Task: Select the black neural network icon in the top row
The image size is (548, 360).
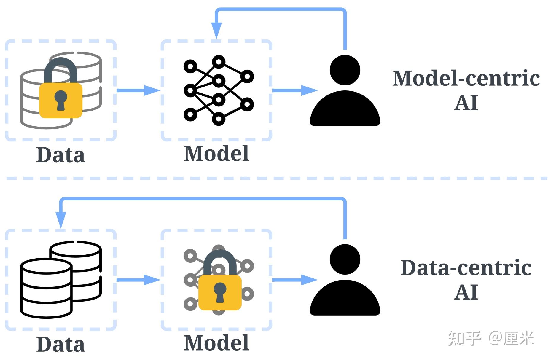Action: pyautogui.click(x=219, y=90)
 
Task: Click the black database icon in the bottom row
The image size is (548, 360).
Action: pyautogui.click(x=61, y=280)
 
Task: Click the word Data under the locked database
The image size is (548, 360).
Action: pyautogui.click(x=61, y=155)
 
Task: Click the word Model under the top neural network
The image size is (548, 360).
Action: pyautogui.click(x=216, y=153)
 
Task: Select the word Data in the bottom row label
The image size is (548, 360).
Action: pyautogui.click(x=61, y=344)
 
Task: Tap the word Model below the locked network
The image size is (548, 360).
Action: pyautogui.click(x=216, y=343)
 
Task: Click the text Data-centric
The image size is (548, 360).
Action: pyautogui.click(x=466, y=267)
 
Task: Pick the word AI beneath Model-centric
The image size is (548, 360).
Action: pyautogui.click(x=466, y=103)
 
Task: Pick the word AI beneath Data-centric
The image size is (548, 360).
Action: pyautogui.click(x=466, y=292)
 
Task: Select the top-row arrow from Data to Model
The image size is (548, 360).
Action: pyautogui.click(x=138, y=90)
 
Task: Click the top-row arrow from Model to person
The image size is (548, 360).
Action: pyautogui.click(x=295, y=90)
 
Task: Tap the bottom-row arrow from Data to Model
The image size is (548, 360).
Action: pyautogui.click(x=138, y=280)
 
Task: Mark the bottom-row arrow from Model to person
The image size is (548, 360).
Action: pyautogui.click(x=295, y=280)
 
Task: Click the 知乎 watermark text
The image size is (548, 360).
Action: pyautogui.click(x=465, y=338)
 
